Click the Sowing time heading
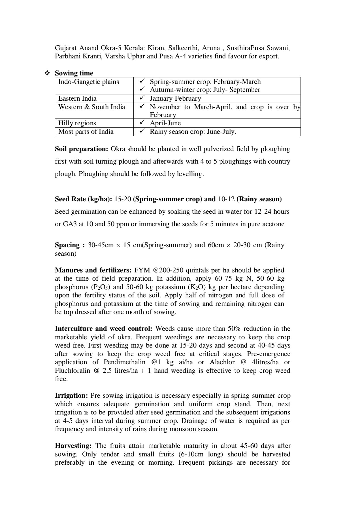[74, 73]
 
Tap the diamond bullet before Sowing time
[47, 73]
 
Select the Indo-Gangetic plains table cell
[89, 82]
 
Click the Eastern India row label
[77, 98]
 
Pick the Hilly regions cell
[77, 123]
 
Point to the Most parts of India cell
[86, 132]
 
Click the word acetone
[272, 224]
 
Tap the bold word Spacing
[67, 245]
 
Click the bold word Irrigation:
[72, 395]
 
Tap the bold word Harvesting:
[73, 446]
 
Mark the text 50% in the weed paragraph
[234, 329]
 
